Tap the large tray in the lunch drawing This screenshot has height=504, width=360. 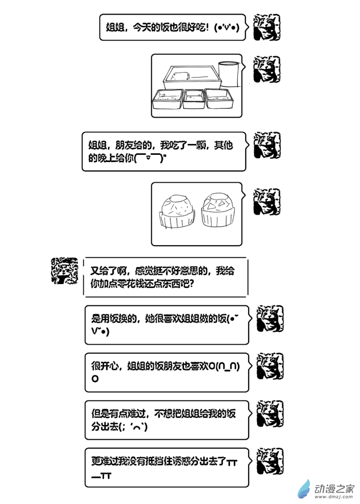click(192, 77)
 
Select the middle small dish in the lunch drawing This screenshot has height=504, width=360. click(194, 98)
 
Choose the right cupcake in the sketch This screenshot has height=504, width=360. click(218, 210)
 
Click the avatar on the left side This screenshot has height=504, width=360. click(65, 270)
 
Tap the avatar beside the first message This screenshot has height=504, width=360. click(267, 27)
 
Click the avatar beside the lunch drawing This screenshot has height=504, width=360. click(267, 69)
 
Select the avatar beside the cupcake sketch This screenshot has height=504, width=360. click(267, 201)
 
